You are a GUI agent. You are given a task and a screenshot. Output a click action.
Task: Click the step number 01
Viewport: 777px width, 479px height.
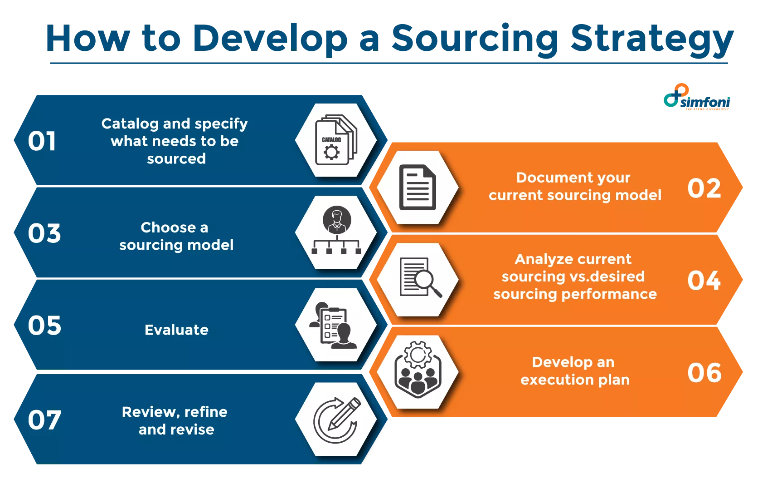(42, 141)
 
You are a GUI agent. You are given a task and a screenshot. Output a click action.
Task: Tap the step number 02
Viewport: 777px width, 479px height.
(704, 188)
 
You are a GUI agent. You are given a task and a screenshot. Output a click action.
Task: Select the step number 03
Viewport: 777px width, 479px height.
(44, 233)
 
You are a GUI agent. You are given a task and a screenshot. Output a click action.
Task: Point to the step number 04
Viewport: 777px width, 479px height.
(704, 281)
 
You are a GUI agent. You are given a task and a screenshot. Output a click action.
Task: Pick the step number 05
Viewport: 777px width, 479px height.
(44, 326)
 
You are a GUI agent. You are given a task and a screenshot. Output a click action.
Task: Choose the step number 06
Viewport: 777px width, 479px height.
(704, 373)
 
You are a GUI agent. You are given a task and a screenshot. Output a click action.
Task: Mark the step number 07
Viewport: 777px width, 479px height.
(44, 420)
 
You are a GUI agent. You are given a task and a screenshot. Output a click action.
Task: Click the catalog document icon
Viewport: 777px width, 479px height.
(336, 140)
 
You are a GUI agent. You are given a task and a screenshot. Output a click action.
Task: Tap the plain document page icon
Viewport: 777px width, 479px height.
(418, 187)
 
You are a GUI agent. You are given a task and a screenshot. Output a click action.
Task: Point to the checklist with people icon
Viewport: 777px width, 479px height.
(334, 325)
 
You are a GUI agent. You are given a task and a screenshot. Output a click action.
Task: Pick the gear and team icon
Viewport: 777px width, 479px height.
(418, 370)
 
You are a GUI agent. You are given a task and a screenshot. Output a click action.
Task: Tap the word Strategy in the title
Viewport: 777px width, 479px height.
(651, 39)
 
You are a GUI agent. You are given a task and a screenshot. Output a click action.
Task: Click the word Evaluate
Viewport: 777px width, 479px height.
(176, 330)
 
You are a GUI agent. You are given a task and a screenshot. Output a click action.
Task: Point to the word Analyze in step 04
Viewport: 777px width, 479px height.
(537, 259)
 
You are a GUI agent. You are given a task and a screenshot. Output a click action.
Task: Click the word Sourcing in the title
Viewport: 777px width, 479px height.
(475, 39)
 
